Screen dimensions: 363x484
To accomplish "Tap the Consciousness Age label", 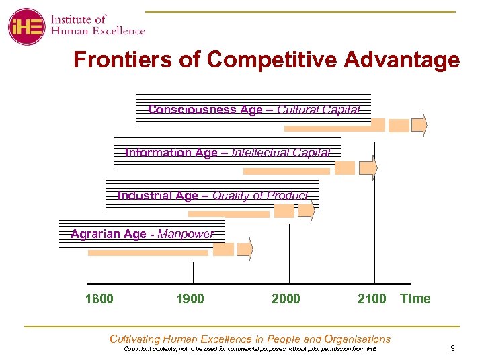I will (205, 110).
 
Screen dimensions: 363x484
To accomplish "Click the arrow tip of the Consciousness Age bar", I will (424, 125).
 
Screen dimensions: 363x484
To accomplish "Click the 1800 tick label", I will (99, 298).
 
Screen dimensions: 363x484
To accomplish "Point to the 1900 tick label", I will (190, 298).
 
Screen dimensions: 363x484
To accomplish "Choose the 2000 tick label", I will (286, 298).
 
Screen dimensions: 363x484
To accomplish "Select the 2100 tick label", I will (372, 298).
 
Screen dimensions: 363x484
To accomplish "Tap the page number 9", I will (452, 348).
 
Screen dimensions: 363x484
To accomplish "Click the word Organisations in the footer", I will (357, 339).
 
